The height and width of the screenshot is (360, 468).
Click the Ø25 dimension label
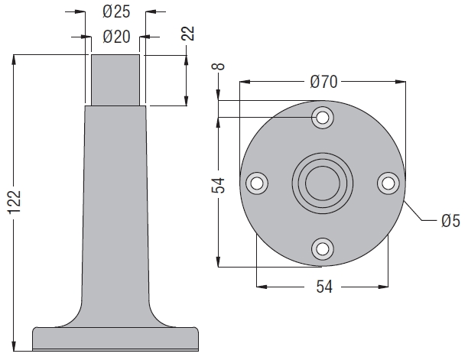(x=116, y=12)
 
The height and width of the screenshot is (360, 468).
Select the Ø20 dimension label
(x=116, y=37)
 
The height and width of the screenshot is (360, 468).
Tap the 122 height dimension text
(x=15, y=203)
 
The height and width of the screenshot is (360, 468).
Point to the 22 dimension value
(x=188, y=33)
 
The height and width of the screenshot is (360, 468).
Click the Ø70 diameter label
(x=323, y=82)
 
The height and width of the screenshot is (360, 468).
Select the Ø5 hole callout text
(x=450, y=221)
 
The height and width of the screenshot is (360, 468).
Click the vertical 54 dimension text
(x=218, y=185)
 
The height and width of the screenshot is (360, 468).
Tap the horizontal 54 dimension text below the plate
(x=324, y=287)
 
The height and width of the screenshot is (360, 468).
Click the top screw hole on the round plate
(x=322, y=118)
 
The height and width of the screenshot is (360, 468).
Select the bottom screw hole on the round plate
(x=322, y=248)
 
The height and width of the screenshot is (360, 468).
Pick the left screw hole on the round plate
(x=256, y=183)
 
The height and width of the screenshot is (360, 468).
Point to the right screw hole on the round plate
(x=388, y=183)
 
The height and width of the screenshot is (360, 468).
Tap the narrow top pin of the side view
(x=115, y=80)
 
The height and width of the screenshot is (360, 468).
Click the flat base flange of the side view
(x=115, y=339)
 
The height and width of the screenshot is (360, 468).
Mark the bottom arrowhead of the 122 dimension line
(x=14, y=345)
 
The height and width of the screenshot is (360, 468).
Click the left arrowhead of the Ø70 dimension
(x=245, y=82)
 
